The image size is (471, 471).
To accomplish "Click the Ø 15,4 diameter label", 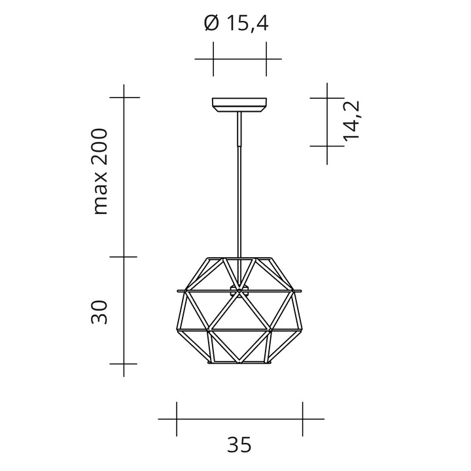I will coord(236,24).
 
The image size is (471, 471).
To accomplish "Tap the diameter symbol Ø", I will coord(211,24).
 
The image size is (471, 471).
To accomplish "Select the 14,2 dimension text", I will coord(351,121).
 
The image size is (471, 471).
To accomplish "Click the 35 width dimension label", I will coord(239,445).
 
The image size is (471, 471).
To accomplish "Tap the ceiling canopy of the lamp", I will coord(239,104).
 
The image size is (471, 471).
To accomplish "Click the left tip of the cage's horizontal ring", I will coord(178,289).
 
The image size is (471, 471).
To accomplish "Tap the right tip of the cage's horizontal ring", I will coord(301,289).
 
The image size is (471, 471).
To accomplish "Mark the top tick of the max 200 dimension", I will coord(124,97).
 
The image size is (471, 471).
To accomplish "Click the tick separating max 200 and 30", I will coord(124,256).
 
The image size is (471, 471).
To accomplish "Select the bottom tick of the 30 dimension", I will coord(124,363).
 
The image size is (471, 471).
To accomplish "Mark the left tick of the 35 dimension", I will coord(177,419).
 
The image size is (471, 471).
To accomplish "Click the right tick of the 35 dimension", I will coord(302,419).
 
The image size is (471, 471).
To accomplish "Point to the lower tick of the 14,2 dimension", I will coord(327,145).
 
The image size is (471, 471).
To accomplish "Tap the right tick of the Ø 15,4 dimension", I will coord(266,59).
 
